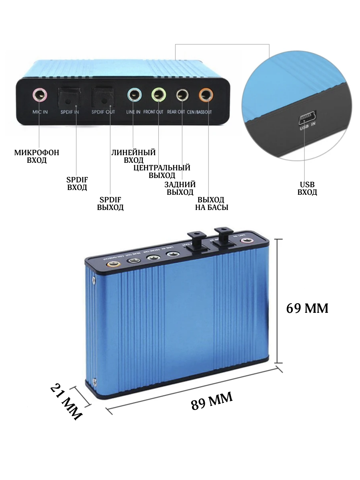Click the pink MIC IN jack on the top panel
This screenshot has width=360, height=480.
pyautogui.click(x=40, y=95)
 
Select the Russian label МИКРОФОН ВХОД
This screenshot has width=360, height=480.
pyautogui.click(x=36, y=156)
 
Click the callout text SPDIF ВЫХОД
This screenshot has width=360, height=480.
pyautogui.click(x=110, y=204)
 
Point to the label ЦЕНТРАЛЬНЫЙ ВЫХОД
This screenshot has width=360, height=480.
pyautogui.click(x=162, y=171)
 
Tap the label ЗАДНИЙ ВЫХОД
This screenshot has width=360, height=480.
pyautogui.click(x=180, y=188)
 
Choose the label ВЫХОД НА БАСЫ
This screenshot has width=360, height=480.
pyautogui.click(x=211, y=204)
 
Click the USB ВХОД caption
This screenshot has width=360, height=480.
pyautogui.click(x=307, y=188)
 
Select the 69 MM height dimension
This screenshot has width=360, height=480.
pyautogui.click(x=307, y=308)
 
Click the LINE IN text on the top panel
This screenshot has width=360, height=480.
pyautogui.click(x=133, y=112)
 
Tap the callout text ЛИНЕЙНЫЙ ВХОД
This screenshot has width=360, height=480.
pyautogui.click(x=133, y=156)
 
